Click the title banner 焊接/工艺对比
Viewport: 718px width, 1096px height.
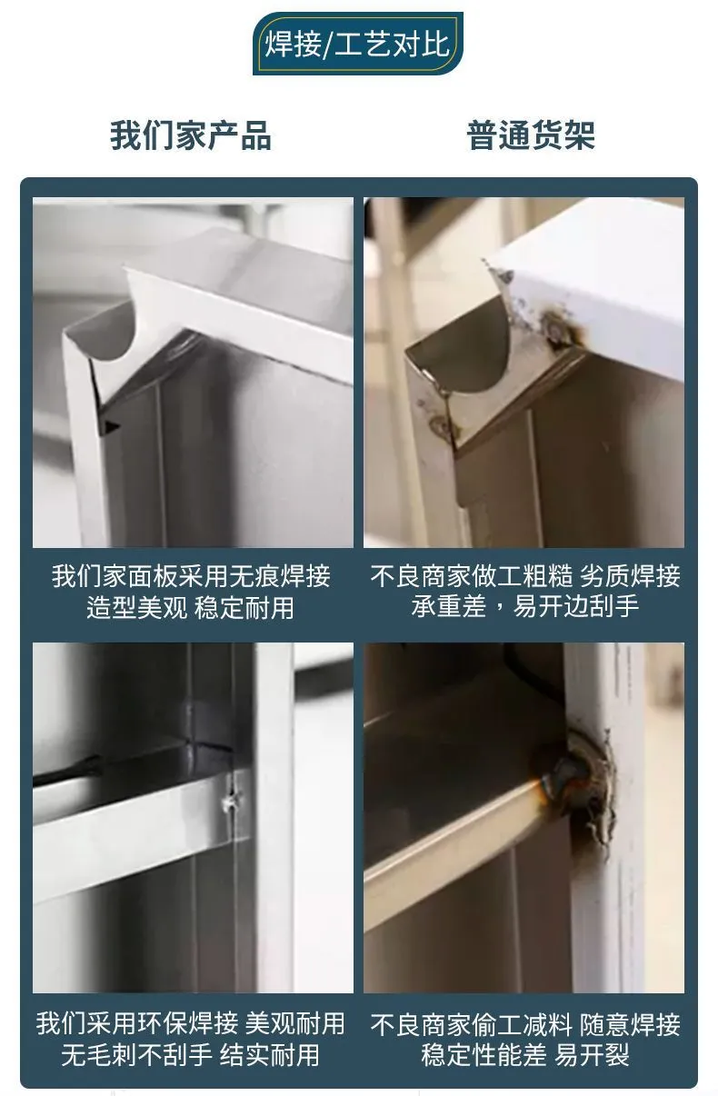(x=358, y=44)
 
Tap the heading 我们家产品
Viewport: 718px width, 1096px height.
(x=190, y=135)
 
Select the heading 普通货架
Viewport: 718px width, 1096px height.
(x=531, y=135)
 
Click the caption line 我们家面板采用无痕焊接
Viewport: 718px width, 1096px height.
(x=192, y=575)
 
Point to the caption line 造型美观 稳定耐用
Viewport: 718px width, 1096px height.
(x=190, y=607)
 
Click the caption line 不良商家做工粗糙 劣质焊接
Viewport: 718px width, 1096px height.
(x=525, y=575)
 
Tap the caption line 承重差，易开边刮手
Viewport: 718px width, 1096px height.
(x=525, y=606)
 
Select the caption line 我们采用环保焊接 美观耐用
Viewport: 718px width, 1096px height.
(x=190, y=1022)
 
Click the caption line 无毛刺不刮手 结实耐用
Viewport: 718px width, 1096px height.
(x=190, y=1054)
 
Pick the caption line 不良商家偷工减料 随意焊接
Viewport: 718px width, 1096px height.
(x=525, y=1023)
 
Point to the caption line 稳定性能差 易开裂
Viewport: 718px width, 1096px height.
(x=525, y=1054)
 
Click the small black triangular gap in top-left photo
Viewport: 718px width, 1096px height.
(x=111, y=425)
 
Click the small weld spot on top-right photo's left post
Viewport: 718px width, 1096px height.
(x=439, y=423)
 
